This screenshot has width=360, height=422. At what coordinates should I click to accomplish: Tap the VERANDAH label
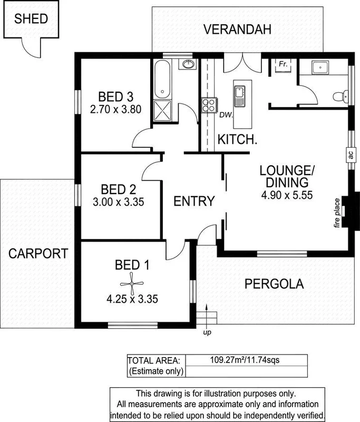239,30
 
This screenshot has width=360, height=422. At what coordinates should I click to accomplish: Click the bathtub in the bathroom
162,80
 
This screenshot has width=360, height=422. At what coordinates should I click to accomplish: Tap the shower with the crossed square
162,110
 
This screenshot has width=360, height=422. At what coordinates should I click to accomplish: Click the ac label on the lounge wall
349,154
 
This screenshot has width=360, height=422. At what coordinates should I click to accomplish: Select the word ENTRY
194,201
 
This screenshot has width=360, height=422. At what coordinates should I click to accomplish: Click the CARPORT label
38,253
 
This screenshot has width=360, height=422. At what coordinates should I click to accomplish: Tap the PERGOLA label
274,284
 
